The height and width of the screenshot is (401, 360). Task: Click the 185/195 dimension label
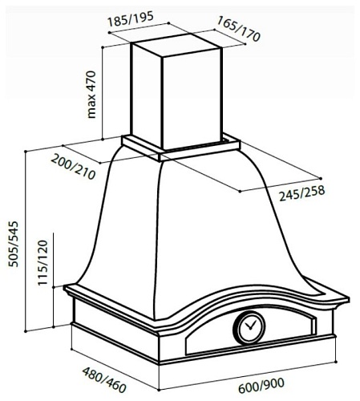click(131, 18)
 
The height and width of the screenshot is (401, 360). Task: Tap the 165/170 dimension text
click(238, 29)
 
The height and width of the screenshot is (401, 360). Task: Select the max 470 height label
click(91, 95)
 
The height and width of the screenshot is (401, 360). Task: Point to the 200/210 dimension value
click(73, 167)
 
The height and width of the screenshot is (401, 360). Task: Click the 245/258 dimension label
click(302, 192)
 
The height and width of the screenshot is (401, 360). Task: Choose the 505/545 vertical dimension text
click(14, 244)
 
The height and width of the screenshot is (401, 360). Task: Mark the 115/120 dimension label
click(42, 263)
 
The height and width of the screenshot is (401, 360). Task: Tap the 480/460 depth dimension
click(104, 379)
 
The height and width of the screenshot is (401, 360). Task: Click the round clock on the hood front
click(249, 327)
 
